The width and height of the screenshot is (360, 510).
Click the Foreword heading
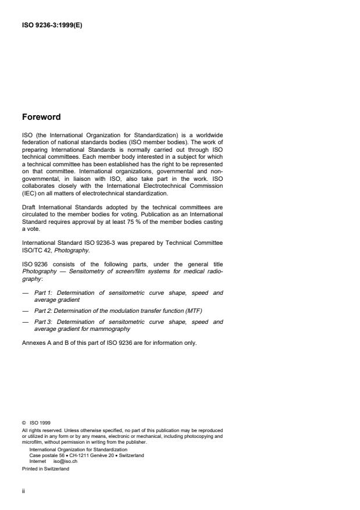[x=41, y=117]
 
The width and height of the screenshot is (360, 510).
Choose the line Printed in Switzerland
[x=45, y=469]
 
